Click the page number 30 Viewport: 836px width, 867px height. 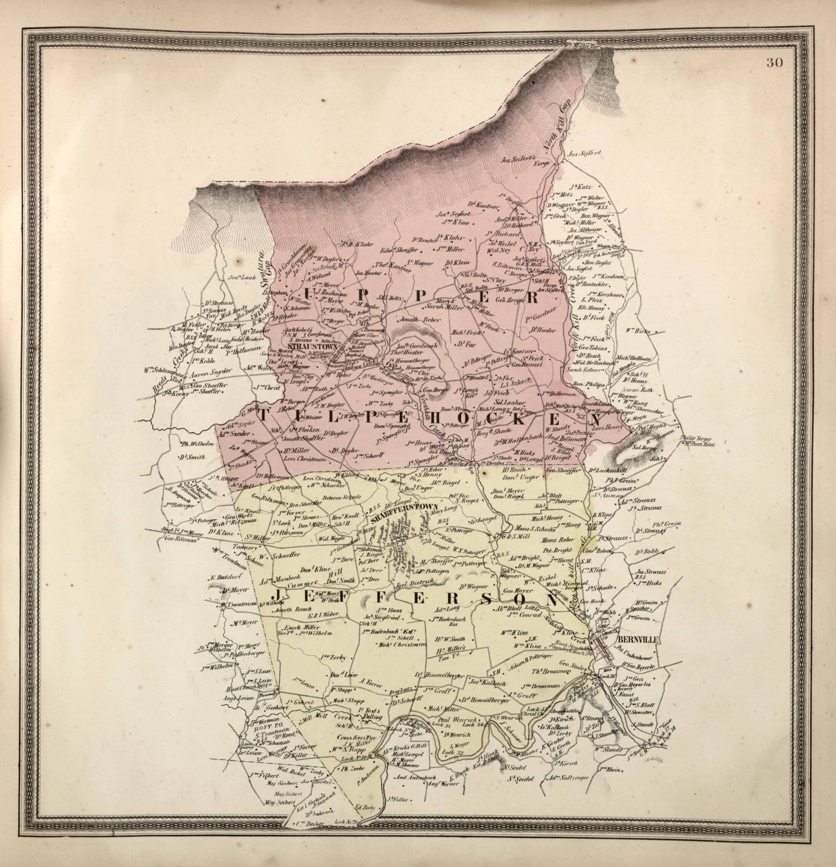[x=775, y=62]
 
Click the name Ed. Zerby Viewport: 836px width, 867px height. [x=365, y=819]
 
